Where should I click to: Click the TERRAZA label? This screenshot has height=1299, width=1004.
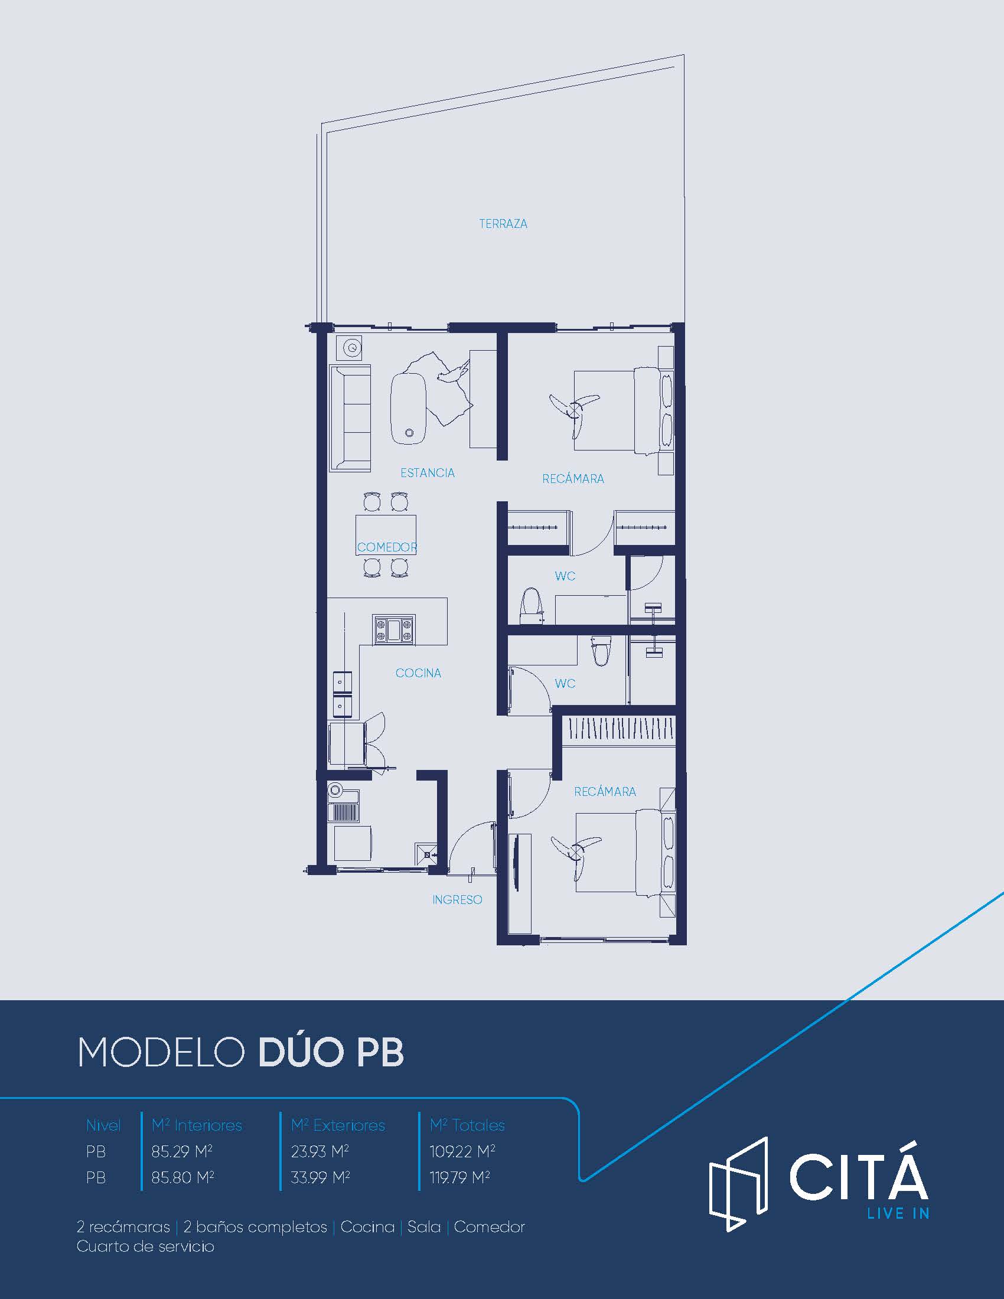coord(503,224)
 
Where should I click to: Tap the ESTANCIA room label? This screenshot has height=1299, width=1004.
coord(427,473)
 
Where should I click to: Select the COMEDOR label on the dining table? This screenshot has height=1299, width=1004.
coord(387,547)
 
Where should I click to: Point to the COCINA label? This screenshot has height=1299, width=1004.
coord(418,673)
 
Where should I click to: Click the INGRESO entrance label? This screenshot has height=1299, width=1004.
coord(457,900)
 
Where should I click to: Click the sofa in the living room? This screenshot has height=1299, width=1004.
coord(350,418)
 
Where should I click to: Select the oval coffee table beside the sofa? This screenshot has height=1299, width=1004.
coord(408,409)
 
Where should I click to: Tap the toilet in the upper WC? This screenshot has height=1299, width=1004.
coord(531,605)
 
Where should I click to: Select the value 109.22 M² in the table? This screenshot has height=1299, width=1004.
coord(462,1151)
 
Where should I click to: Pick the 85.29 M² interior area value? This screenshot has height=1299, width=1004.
coord(182,1151)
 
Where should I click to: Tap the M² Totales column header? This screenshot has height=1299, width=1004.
coord(467,1125)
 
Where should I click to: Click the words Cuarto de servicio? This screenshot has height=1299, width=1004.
coord(145,1246)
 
